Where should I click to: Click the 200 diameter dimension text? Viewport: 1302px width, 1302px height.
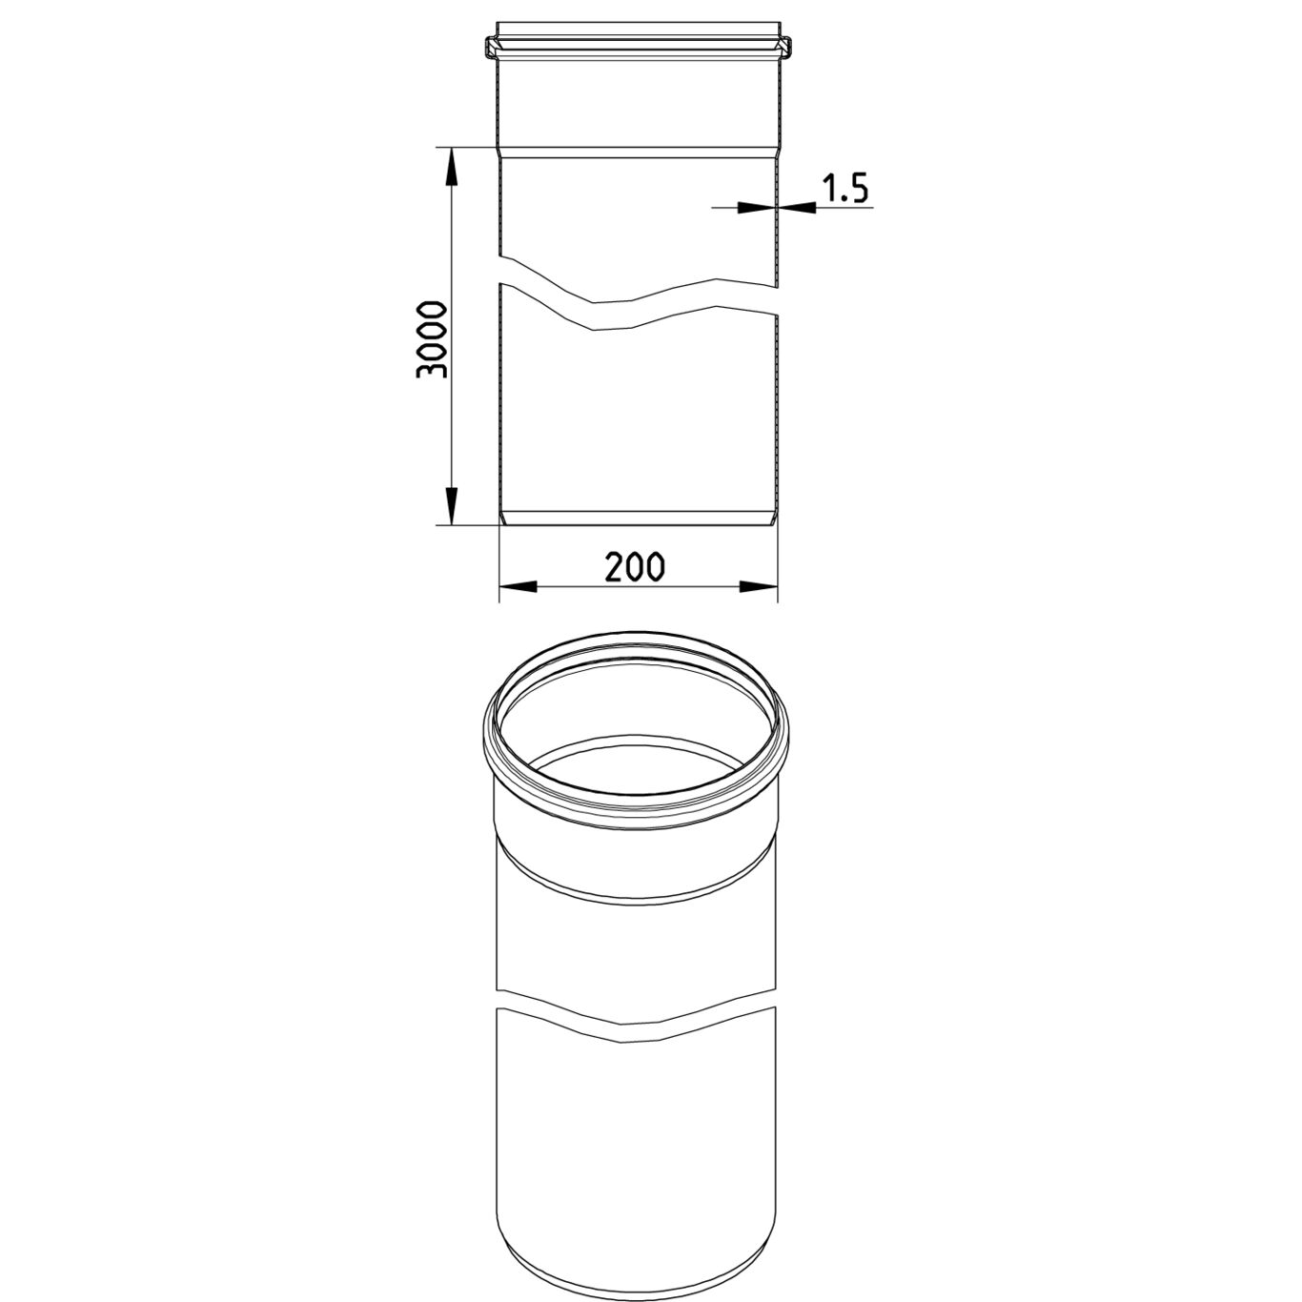[x=635, y=567]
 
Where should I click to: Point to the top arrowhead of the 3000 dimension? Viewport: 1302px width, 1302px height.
[x=451, y=166]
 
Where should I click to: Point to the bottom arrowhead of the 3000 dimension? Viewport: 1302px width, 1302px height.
[x=451, y=505]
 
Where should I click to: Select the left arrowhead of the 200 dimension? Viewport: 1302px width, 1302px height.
[x=518, y=586]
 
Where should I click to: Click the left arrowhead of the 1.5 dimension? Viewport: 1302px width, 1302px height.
[x=757, y=208]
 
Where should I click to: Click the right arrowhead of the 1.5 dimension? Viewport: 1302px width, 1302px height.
[x=797, y=208]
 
